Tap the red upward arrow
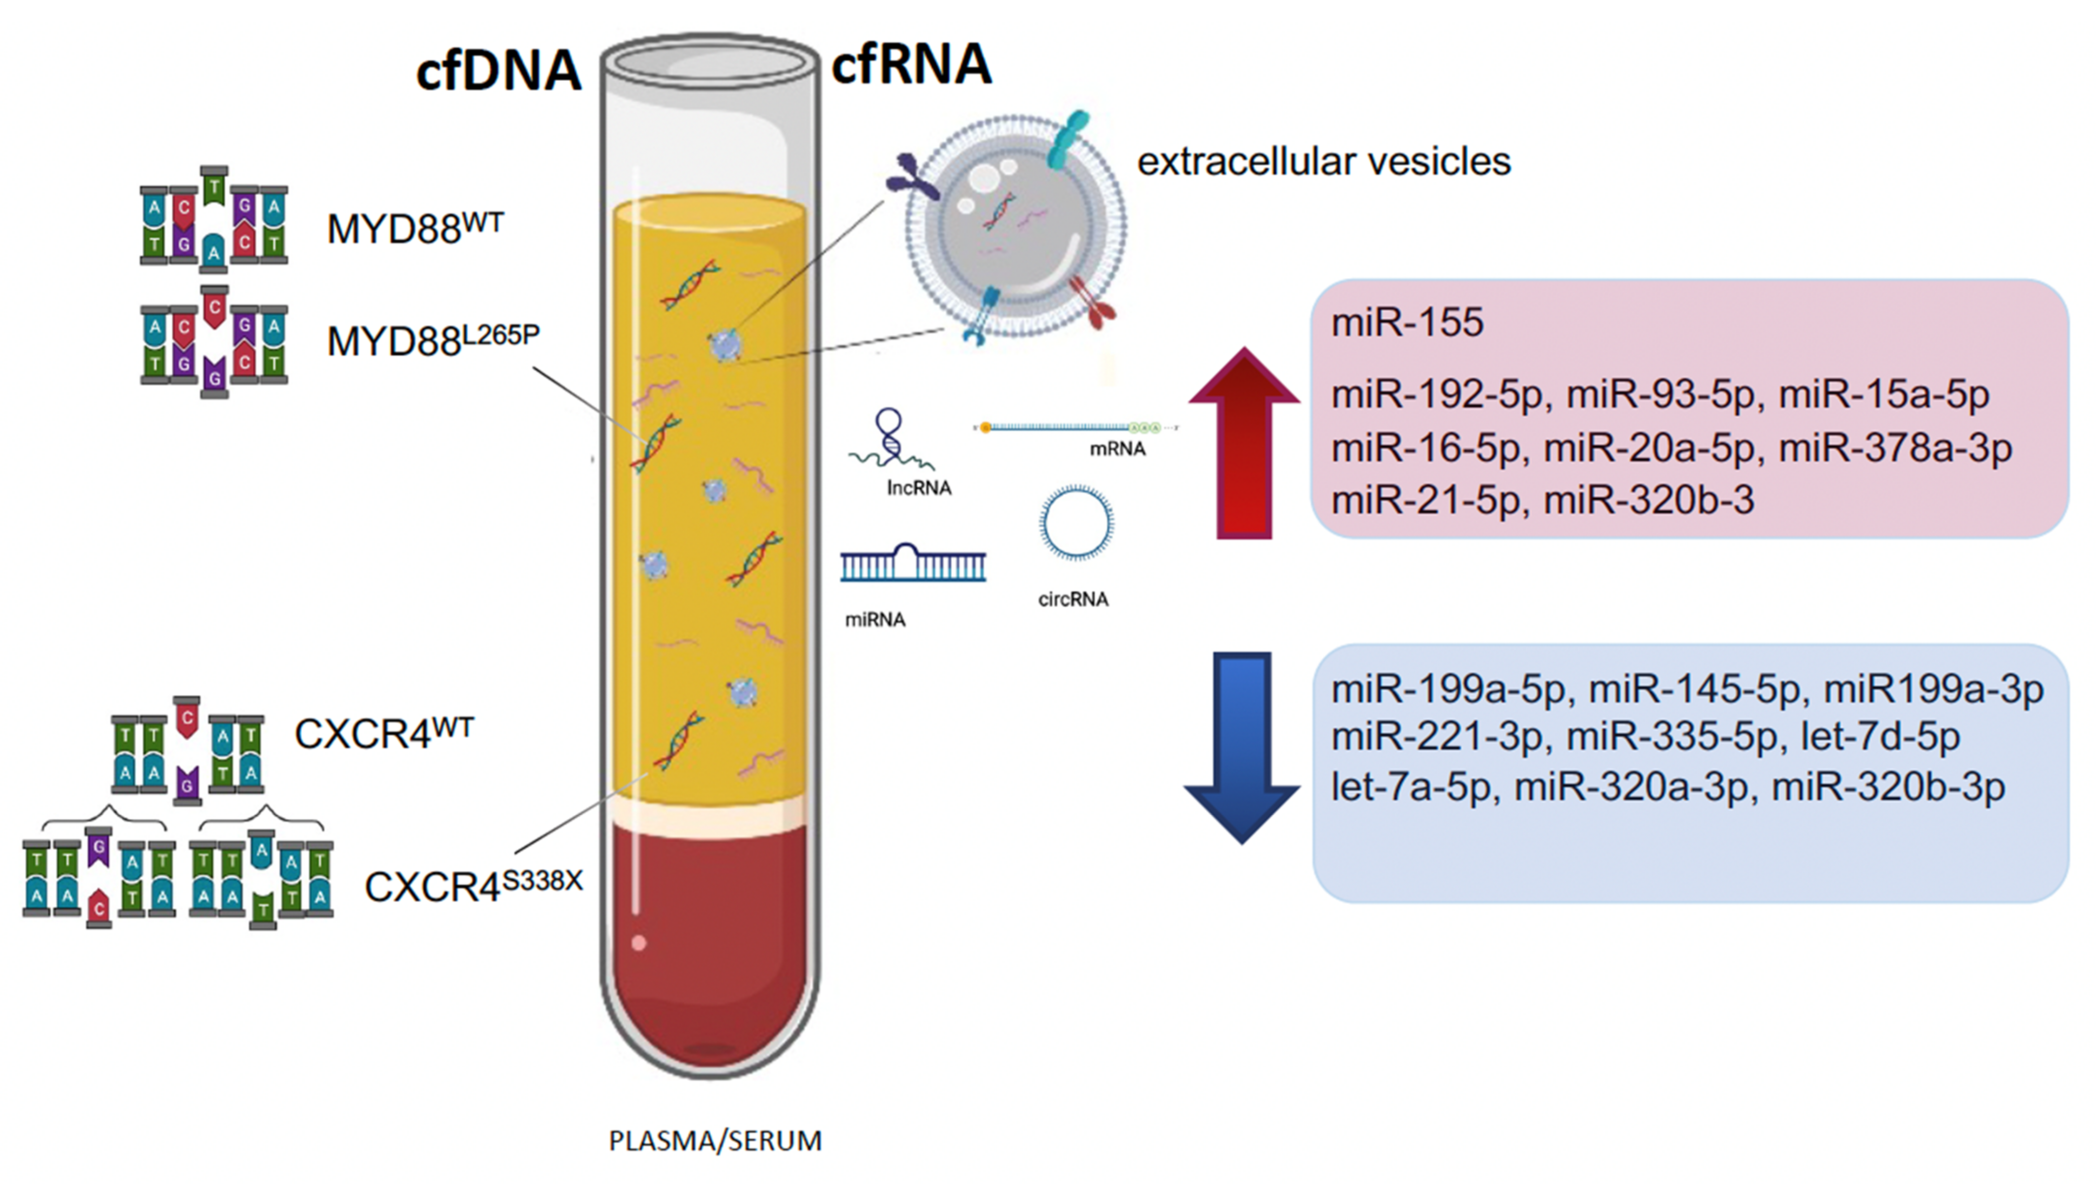click(1243, 444)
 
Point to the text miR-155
click(1407, 322)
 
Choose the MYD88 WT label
click(415, 228)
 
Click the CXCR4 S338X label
click(473, 886)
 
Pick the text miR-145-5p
click(1694, 689)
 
